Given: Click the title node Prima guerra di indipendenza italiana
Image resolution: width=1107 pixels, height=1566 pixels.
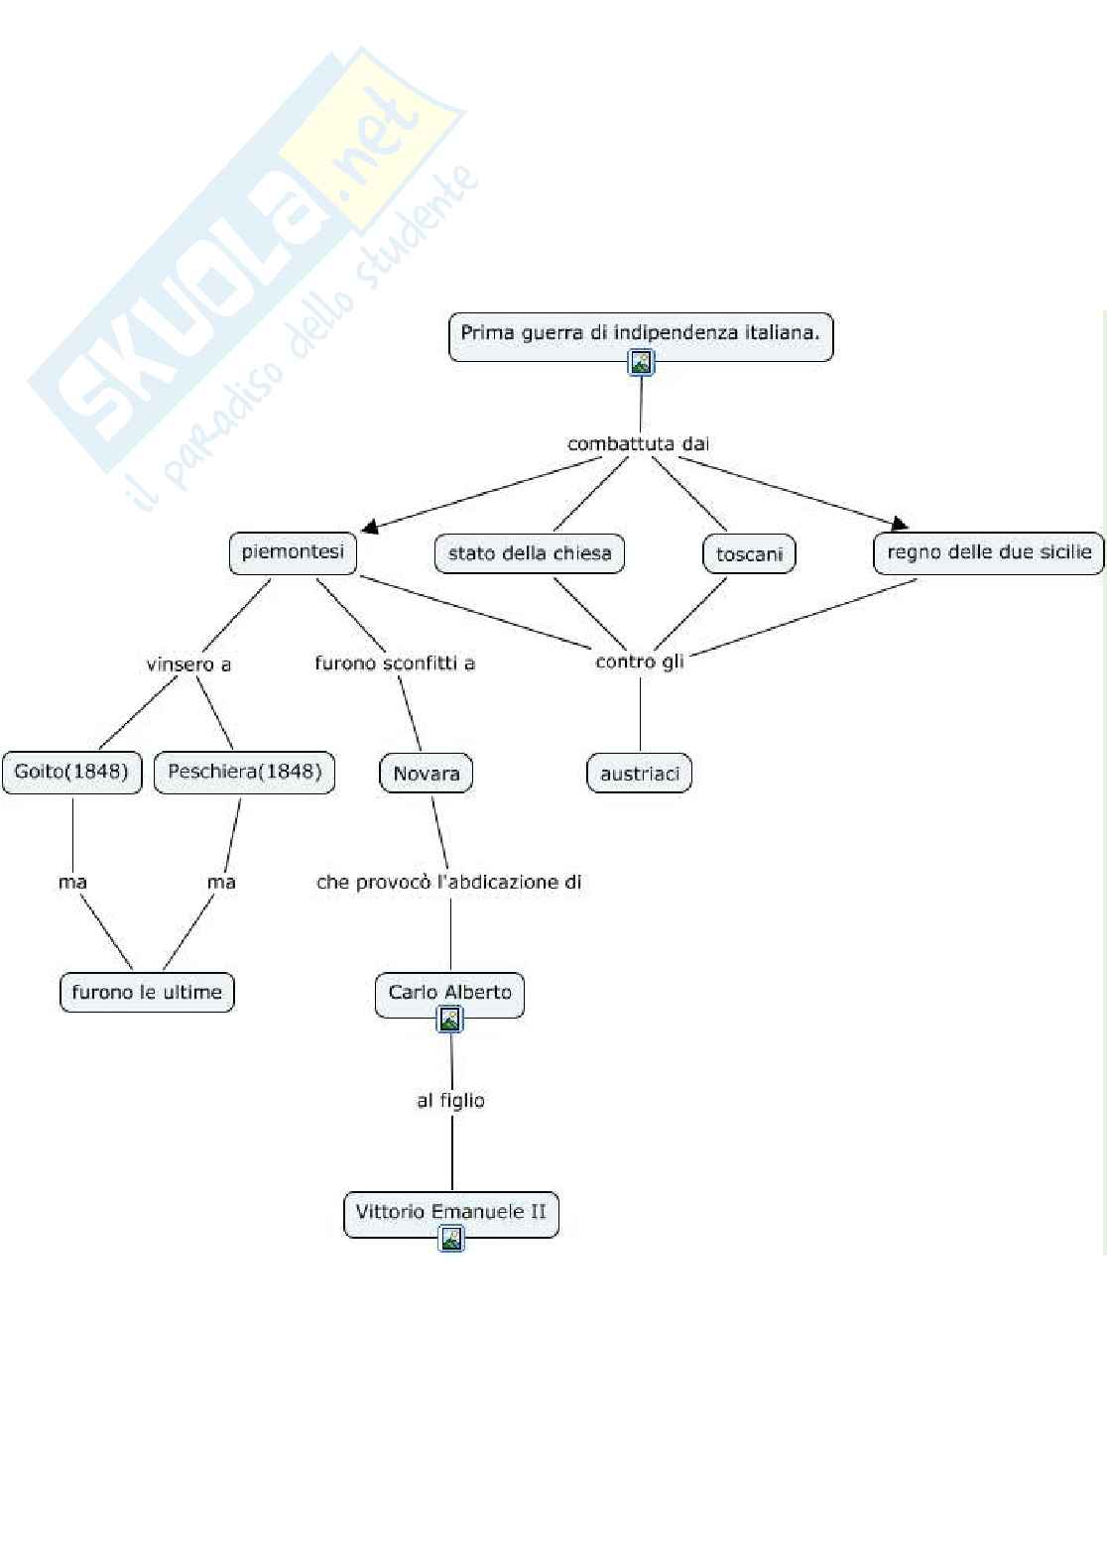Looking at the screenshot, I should pos(640,333).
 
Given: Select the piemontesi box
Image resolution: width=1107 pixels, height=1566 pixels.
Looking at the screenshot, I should pos(293,552).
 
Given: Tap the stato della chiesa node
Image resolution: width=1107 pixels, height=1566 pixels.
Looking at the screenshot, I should pos(530,553).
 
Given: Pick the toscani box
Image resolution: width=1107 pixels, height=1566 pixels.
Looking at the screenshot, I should pos(749,554).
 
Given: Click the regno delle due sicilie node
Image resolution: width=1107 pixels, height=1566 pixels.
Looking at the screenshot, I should pos(988,552).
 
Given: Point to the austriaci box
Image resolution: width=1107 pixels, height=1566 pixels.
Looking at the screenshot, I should pos(640,774).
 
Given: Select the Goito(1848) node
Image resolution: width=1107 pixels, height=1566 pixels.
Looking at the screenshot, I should pos(71,772).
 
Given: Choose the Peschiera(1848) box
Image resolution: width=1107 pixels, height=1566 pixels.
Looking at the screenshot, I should pos(244,772).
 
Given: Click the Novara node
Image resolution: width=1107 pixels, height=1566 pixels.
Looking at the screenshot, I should pos(426,774).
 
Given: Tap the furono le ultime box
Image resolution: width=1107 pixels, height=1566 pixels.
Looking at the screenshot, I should pos(147,992).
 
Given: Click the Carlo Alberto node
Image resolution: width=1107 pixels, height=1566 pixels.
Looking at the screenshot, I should pos(449,992).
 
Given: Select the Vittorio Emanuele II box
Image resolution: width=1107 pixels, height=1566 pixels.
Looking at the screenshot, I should pos(450,1211).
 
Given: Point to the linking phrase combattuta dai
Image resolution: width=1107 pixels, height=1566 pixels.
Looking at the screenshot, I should pos(638,443).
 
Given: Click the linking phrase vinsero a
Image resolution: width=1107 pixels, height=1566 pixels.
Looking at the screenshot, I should pos(188,664).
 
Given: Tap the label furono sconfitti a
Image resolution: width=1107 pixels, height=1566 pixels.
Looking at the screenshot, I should pos(395,663).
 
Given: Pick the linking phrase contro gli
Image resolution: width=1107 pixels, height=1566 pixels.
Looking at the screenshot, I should pos(640,662).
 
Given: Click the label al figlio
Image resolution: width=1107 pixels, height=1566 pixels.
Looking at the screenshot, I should pos(450,1100).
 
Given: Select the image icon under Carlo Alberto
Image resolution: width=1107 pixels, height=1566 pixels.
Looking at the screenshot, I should pos(450,1019).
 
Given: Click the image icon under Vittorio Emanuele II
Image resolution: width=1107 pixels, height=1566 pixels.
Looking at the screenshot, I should pos(451,1238).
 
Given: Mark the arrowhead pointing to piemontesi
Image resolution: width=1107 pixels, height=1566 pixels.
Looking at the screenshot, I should pos(369,527).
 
